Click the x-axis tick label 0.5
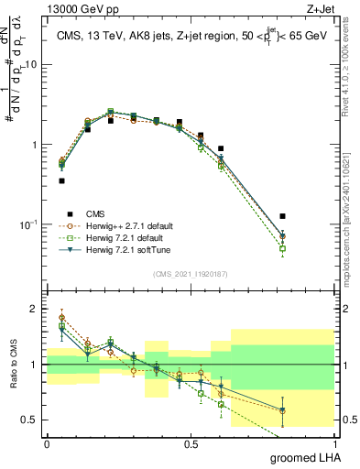(x=191, y=443)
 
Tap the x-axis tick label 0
(x=47, y=443)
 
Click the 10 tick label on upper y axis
(x=31, y=65)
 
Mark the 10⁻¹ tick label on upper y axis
(x=30, y=224)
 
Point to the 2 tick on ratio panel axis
(x=36, y=309)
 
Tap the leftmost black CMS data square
(x=61, y=180)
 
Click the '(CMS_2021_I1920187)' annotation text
(x=190, y=274)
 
